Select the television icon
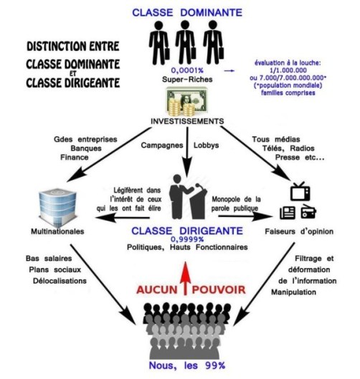click(x=298, y=191)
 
